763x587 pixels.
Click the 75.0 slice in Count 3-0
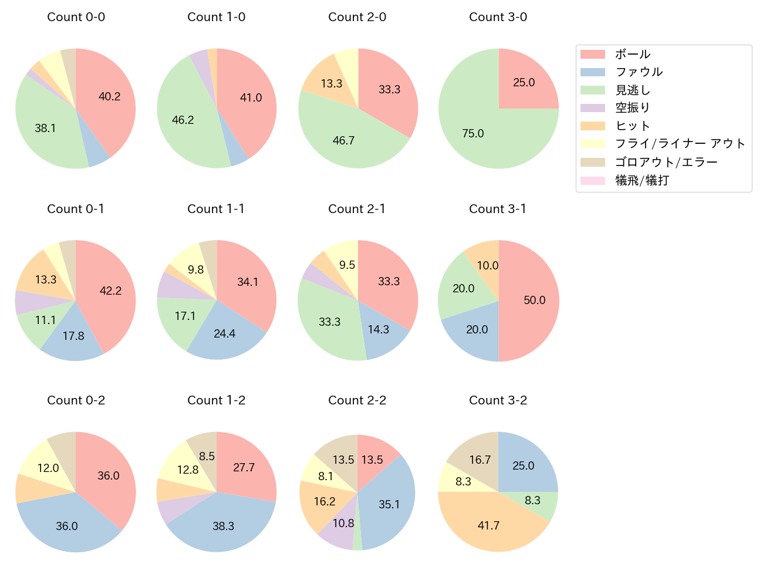point(473,133)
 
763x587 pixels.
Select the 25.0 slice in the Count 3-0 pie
point(524,83)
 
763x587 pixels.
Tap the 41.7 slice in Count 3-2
point(488,525)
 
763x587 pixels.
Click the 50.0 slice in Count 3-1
point(534,301)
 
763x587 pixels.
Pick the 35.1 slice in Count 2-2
point(389,504)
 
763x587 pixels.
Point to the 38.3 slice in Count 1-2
point(223,526)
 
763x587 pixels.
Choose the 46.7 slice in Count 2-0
point(344,140)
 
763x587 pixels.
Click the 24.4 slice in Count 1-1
point(224,333)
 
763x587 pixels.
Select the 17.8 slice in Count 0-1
point(73,336)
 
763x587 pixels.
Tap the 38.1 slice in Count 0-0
point(45,128)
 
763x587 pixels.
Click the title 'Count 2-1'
point(357,209)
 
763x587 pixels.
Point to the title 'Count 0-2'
point(76,400)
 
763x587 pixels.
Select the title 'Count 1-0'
point(217,17)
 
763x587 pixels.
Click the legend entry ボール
point(633,54)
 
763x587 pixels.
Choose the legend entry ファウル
point(639,72)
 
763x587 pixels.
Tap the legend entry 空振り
point(633,108)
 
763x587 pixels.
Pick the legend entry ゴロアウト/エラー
point(666,162)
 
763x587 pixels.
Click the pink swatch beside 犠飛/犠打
point(593,180)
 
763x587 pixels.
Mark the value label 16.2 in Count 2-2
point(325,501)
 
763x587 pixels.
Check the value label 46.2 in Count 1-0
point(183,120)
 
